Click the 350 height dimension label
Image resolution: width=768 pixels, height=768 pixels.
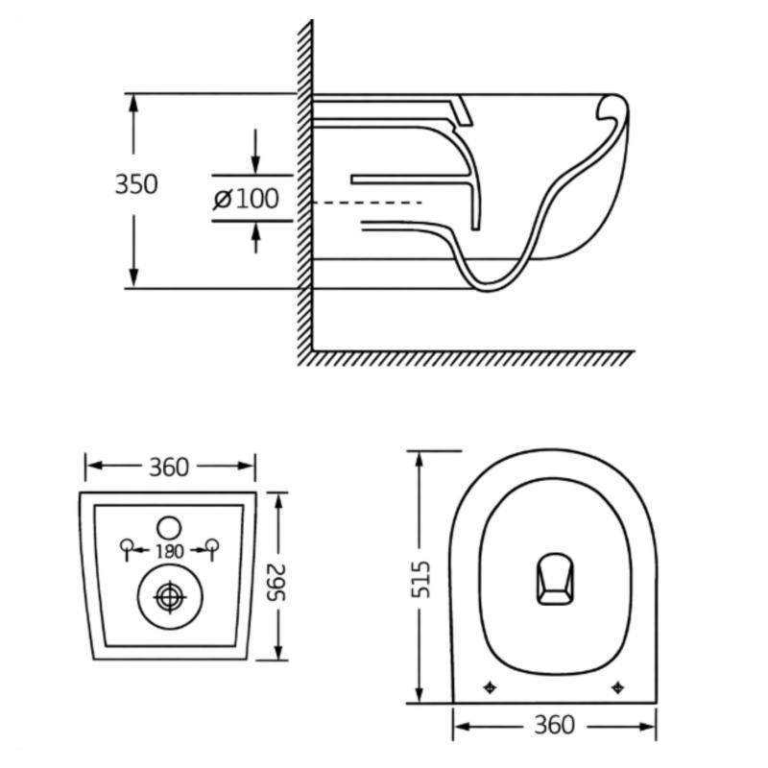click(x=136, y=183)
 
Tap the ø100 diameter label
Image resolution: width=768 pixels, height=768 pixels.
click(x=246, y=200)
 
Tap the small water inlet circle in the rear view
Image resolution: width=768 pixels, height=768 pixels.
click(x=169, y=526)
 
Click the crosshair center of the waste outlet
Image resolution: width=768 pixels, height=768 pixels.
click(x=169, y=596)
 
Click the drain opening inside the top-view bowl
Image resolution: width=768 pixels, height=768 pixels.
click(x=553, y=579)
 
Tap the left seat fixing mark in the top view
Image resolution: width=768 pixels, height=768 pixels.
click(x=491, y=686)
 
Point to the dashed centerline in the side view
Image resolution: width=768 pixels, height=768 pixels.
click(x=370, y=203)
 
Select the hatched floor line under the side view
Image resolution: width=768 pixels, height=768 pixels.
click(x=470, y=358)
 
